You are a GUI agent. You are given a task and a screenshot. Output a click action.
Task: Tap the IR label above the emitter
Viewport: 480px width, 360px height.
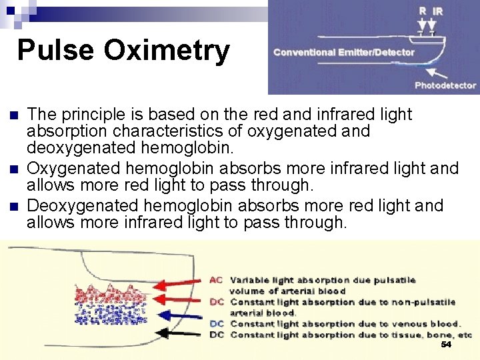tap(437, 11)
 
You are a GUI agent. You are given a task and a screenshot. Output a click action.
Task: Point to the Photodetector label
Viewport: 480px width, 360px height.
tap(445, 85)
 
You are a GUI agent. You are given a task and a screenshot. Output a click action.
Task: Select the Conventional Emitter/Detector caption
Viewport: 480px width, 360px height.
tap(343, 52)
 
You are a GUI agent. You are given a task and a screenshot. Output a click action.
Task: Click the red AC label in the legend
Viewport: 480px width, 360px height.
tap(216, 280)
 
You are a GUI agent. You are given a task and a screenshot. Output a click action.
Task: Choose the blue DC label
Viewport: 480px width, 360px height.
tap(216, 323)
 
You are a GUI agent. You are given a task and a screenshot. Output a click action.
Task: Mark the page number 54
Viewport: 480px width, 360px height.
tap(446, 345)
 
